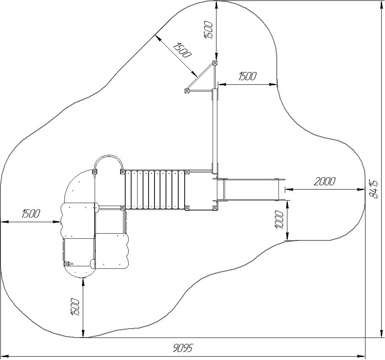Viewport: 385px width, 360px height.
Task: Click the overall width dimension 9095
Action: (183, 348)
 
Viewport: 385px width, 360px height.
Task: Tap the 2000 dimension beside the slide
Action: (324, 181)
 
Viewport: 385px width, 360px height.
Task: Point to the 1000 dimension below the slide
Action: (279, 220)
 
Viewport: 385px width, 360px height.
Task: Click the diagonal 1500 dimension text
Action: (181, 50)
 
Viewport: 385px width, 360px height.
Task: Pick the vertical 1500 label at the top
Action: (208, 30)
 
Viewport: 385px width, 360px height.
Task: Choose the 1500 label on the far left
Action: (31, 213)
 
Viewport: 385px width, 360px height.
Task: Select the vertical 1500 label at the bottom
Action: (75, 307)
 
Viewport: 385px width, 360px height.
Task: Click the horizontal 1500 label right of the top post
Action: (247, 76)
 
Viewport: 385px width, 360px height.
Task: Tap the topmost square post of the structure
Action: (215, 63)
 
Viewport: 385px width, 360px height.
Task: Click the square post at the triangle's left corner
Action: (187, 91)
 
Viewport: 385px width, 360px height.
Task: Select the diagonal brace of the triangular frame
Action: (200, 76)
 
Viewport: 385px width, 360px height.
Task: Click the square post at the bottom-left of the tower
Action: (66, 264)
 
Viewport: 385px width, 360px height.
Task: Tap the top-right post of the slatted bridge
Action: (187, 172)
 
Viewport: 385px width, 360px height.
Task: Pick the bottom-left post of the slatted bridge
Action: (123, 208)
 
